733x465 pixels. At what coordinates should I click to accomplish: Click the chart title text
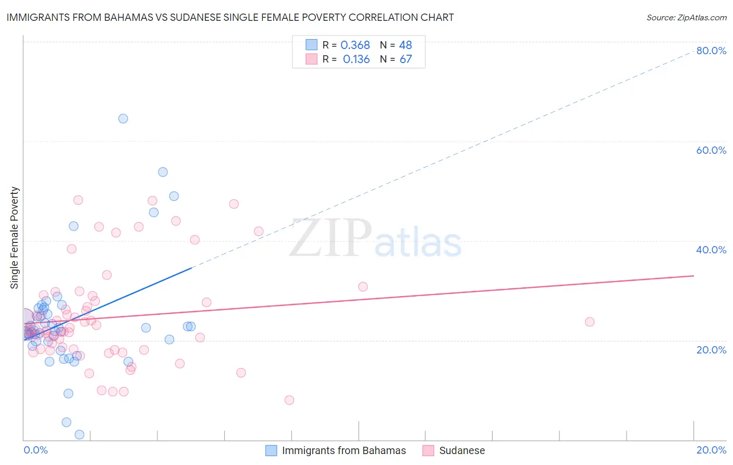tap(230, 17)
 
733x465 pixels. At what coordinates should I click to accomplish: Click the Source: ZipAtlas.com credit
tap(686, 17)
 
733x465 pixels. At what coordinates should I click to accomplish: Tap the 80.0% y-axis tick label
tap(711, 51)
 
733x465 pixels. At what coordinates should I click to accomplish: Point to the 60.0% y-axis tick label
tap(711, 150)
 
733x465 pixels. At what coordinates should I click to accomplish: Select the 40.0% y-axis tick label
tap(711, 250)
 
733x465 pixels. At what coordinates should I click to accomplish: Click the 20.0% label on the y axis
tap(711, 350)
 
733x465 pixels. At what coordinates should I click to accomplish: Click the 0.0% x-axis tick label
tap(35, 450)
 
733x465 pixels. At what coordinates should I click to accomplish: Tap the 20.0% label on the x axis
tap(711, 450)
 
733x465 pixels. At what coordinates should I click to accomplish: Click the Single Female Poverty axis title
tap(15, 238)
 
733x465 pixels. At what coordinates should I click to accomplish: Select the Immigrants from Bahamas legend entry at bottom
tap(344, 450)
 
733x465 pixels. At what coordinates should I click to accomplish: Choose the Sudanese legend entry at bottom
tap(462, 450)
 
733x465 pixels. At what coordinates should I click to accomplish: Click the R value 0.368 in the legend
tap(355, 45)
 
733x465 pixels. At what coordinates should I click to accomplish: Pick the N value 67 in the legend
tap(406, 59)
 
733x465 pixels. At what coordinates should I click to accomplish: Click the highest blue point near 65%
tap(123, 118)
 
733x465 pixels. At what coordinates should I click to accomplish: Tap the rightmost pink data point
tap(590, 322)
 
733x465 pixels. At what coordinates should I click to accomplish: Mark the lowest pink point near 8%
tap(289, 400)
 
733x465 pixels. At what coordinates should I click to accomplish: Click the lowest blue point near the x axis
tap(80, 434)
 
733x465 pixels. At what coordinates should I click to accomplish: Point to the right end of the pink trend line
tap(693, 276)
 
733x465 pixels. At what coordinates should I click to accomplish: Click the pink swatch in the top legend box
tap(311, 59)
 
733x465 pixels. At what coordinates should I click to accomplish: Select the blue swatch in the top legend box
tap(311, 45)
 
